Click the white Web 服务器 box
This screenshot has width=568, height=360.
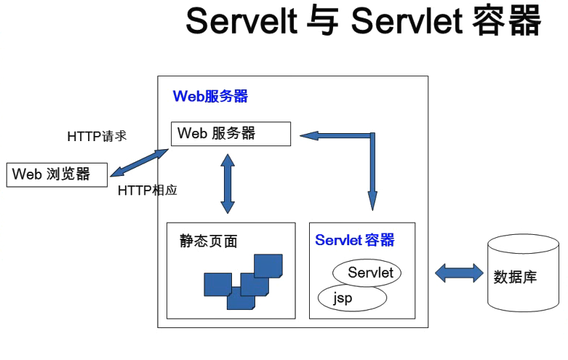click(231, 133)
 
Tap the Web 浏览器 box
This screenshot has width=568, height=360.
click(57, 175)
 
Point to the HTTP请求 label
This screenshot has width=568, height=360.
click(97, 136)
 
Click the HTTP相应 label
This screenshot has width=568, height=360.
click(148, 190)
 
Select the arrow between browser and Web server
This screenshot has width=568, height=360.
click(139, 161)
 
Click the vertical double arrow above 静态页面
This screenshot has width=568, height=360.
click(228, 183)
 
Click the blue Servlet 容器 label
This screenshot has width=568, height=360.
click(355, 240)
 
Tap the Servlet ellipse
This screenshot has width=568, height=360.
click(369, 273)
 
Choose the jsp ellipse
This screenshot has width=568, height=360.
click(353, 297)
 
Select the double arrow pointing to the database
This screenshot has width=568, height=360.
click(458, 274)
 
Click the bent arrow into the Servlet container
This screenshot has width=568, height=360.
click(372, 167)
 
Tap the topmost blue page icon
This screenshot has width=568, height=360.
click(268, 265)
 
